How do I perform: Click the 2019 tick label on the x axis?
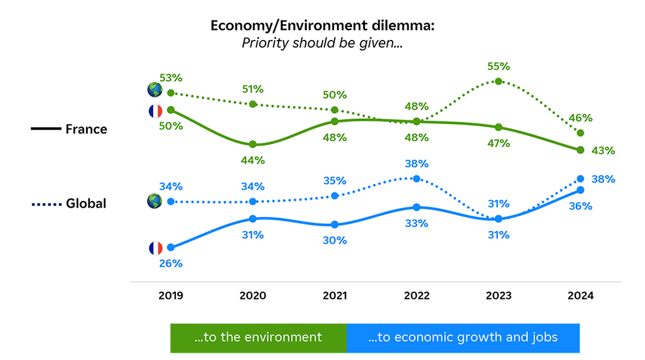[171, 296]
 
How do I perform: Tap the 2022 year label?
[416, 296]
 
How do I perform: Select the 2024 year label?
[581, 296]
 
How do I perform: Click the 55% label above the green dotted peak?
[499, 66]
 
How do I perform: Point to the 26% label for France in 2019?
[171, 263]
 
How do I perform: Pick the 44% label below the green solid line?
[252, 160]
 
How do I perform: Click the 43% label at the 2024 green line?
[603, 150]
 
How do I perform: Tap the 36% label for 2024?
[581, 206]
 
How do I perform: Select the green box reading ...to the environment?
[258, 338]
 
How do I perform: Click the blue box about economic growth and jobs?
[463, 338]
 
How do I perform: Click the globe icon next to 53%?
[155, 90]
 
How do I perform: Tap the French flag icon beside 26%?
[156, 248]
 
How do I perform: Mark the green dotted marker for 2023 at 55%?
[499, 81]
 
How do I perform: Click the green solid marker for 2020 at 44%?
[252, 145]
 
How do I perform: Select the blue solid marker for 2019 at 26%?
[171, 247]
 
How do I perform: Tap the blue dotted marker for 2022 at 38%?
[416, 178]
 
